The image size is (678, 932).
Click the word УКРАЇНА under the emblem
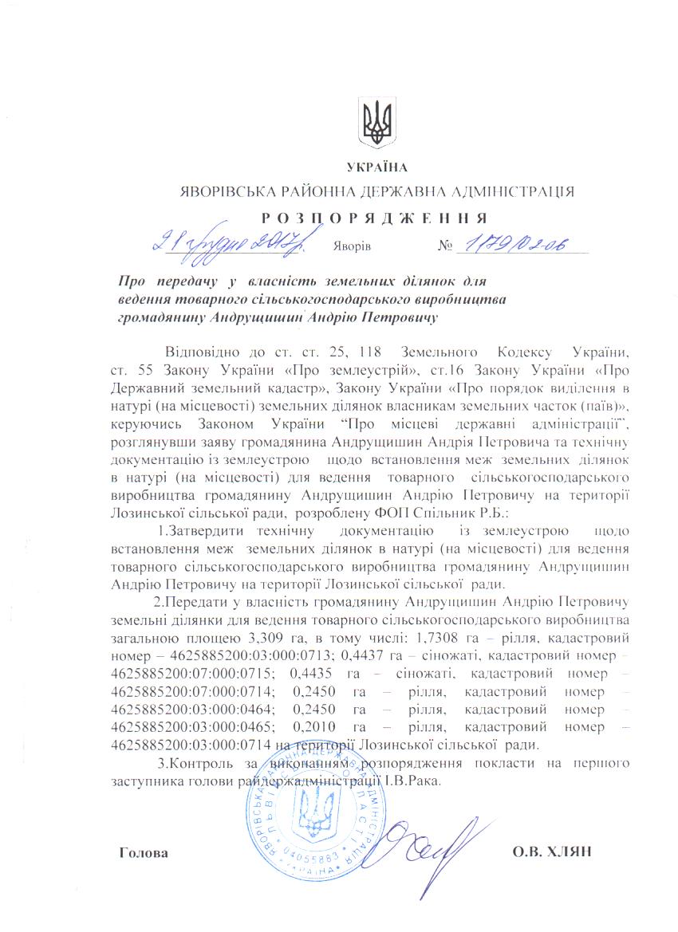377,167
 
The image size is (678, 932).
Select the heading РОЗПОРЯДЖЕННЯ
373,217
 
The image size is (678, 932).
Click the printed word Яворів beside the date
351,246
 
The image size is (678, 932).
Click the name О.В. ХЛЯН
551,852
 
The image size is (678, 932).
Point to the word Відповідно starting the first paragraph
200,351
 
